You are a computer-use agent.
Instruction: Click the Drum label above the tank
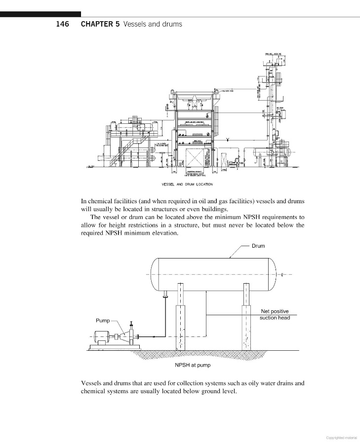(258, 246)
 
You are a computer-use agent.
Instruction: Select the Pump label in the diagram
(103, 321)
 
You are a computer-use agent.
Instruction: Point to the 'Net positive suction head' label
(275, 314)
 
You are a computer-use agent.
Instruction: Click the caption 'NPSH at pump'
(193, 365)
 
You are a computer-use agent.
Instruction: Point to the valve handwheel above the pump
(131, 323)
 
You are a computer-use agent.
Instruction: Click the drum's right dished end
(272, 275)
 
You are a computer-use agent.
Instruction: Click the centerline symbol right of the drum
(281, 275)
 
